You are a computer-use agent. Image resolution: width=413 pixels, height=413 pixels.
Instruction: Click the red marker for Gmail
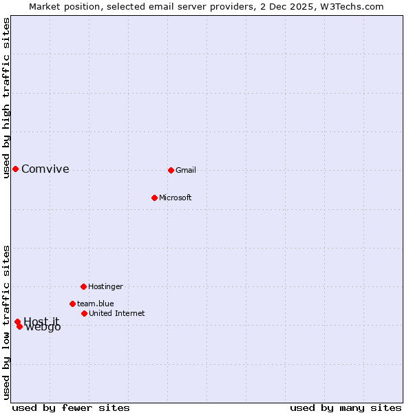point(171,170)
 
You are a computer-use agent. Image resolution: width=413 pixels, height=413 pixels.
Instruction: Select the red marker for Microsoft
point(154,198)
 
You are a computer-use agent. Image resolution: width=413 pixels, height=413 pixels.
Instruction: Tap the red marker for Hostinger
point(83,286)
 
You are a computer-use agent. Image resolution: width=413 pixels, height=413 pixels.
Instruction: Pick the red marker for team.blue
point(72,304)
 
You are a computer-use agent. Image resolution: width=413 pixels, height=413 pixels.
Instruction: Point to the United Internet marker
point(84,313)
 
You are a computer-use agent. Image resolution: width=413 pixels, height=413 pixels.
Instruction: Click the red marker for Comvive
point(15,169)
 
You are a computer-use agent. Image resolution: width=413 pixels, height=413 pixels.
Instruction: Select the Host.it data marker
point(17,321)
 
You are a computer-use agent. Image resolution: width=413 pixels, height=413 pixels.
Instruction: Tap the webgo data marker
point(19,326)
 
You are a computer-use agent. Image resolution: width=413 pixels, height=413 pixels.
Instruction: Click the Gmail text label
point(186,170)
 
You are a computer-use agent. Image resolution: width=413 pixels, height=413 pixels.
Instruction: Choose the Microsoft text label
point(176,198)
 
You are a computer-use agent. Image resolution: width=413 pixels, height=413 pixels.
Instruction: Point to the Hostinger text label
point(105,286)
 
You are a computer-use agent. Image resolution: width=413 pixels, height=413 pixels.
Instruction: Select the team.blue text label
point(96,304)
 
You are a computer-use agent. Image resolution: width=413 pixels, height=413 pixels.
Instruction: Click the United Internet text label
point(116,313)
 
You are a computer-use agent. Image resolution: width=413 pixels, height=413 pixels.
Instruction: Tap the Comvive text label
point(45,169)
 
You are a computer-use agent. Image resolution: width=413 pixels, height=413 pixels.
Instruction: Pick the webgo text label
point(43,328)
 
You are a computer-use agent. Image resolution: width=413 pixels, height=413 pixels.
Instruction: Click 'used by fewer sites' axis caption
point(71,407)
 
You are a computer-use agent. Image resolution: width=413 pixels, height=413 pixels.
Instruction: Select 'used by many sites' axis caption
point(346,407)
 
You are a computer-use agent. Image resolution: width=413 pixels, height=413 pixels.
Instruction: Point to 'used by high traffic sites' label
point(7,98)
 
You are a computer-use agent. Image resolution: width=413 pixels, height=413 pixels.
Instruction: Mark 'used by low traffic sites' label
point(7,322)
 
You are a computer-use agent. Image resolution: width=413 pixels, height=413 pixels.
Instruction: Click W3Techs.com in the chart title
point(350,6)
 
